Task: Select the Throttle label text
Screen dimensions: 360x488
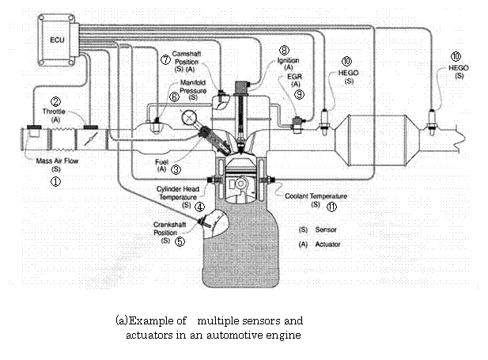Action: pyautogui.click(x=55, y=112)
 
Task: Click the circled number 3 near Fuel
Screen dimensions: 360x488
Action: pyautogui.click(x=176, y=169)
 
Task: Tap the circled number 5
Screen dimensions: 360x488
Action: pyautogui.click(x=180, y=242)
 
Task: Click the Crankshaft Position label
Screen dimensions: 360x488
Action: pyautogui.click(x=170, y=229)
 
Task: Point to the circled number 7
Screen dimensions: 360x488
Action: pyautogui.click(x=165, y=60)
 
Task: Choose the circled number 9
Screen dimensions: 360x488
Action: pyautogui.click(x=299, y=93)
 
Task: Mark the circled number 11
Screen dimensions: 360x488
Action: pyautogui.click(x=332, y=207)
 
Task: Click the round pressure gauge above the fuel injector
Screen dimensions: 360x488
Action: pyautogui.click(x=189, y=118)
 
